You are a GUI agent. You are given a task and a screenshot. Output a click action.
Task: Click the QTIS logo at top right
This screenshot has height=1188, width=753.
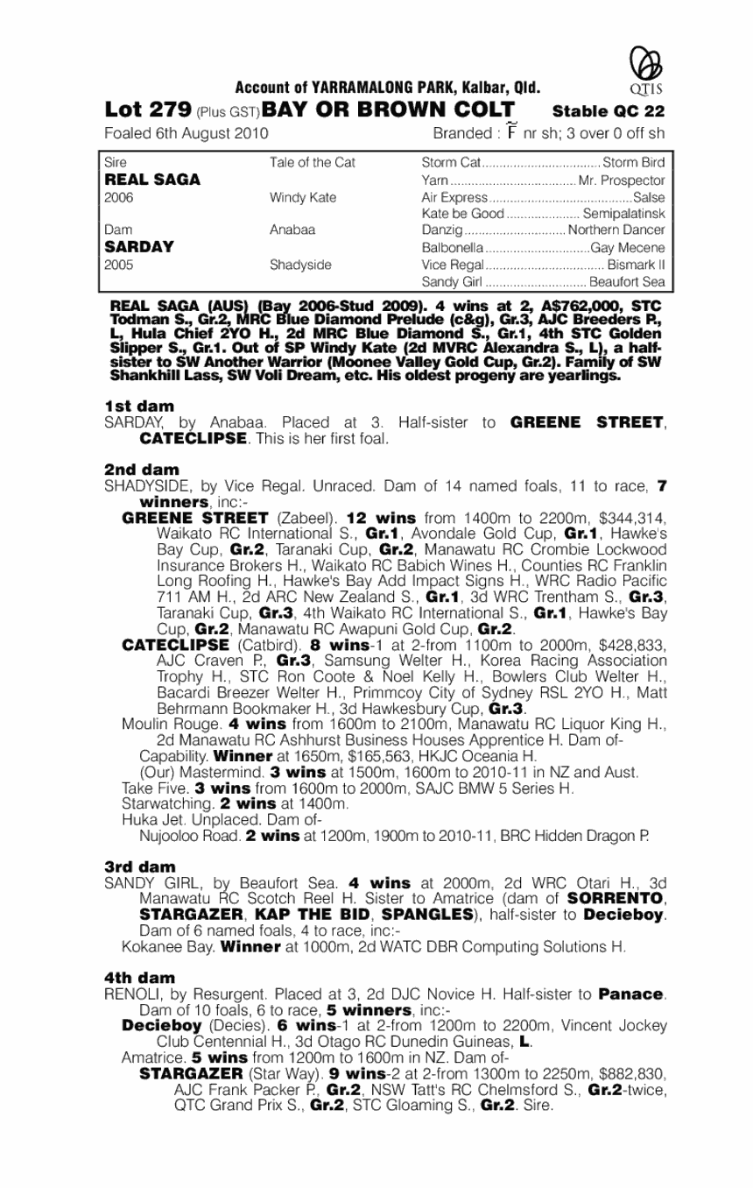[645, 69]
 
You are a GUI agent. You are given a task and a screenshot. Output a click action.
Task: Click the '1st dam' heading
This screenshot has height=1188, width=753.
[138, 407]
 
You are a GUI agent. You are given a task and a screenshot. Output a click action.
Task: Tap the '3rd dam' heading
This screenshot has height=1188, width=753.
[139, 866]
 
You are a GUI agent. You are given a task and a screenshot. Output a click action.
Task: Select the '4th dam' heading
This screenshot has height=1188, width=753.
[139, 977]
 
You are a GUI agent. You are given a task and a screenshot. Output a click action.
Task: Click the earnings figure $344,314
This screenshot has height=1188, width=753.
[625, 518]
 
